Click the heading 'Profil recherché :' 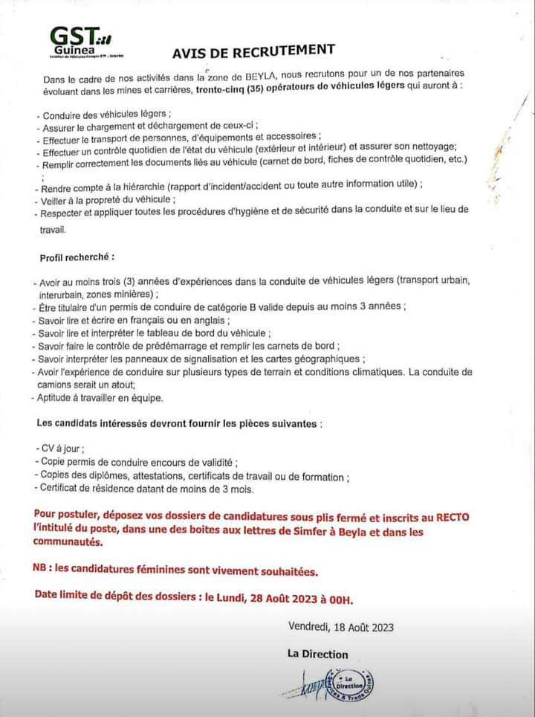point(77,257)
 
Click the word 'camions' point(55,385)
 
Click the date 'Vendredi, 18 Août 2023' point(341,627)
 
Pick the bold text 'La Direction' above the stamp point(317,655)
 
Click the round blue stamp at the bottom point(350,682)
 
